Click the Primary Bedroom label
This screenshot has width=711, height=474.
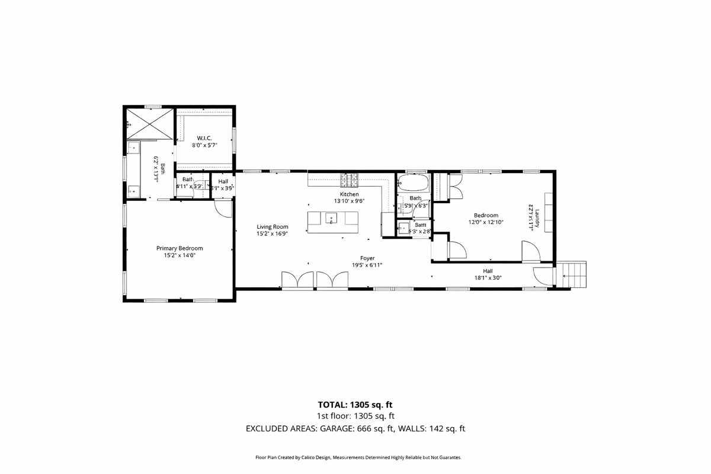click(180, 248)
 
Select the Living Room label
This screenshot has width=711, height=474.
click(272, 226)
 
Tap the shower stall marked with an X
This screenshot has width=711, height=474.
click(148, 123)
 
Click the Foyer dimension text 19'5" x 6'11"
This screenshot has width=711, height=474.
click(367, 265)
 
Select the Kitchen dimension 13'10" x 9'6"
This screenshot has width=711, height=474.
click(349, 201)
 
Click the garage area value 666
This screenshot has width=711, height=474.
click(365, 428)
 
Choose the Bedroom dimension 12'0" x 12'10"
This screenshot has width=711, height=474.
click(486, 222)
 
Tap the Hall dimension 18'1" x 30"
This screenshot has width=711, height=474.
click(488, 277)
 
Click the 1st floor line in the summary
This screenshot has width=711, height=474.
click(355, 417)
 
